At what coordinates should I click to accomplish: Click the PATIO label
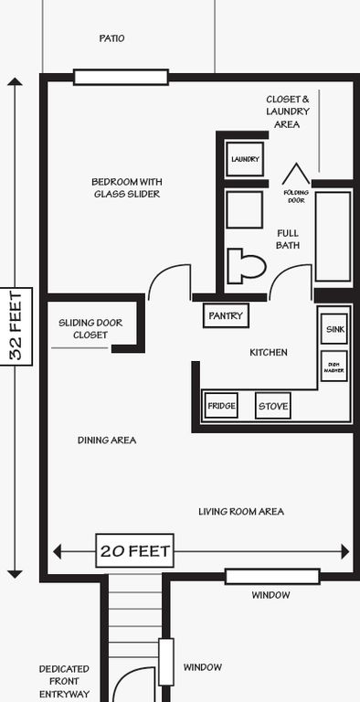(112, 38)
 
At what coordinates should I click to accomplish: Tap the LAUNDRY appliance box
(245, 159)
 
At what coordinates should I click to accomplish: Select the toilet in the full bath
(247, 266)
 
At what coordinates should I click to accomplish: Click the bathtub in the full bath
(334, 237)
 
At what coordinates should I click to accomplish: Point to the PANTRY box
(226, 315)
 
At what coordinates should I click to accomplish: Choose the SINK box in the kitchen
(334, 329)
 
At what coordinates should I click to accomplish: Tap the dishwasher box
(334, 366)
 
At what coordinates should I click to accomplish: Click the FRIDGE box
(221, 406)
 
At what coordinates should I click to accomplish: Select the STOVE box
(273, 406)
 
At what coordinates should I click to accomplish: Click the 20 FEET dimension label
(135, 550)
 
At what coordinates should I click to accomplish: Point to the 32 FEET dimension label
(16, 326)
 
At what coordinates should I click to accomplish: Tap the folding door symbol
(296, 174)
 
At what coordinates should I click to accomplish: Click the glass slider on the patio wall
(121, 77)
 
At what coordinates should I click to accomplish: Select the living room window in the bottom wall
(272, 577)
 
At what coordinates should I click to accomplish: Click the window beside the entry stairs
(166, 662)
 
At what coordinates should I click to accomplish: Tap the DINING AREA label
(107, 440)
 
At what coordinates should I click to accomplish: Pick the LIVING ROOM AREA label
(241, 511)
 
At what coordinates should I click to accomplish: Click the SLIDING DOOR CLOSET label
(90, 329)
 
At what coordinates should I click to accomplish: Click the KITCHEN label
(269, 352)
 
